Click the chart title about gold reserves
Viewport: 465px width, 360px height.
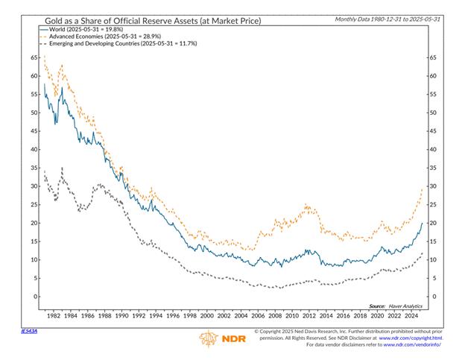(142, 18)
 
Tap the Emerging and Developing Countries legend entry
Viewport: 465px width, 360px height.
(124, 44)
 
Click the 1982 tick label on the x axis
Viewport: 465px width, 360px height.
(53, 315)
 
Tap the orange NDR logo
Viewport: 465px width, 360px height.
(220, 339)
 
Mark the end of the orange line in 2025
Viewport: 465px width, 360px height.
(422, 188)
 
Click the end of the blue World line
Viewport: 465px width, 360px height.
(422, 223)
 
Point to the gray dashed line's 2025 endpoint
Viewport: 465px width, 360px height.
(422, 253)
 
